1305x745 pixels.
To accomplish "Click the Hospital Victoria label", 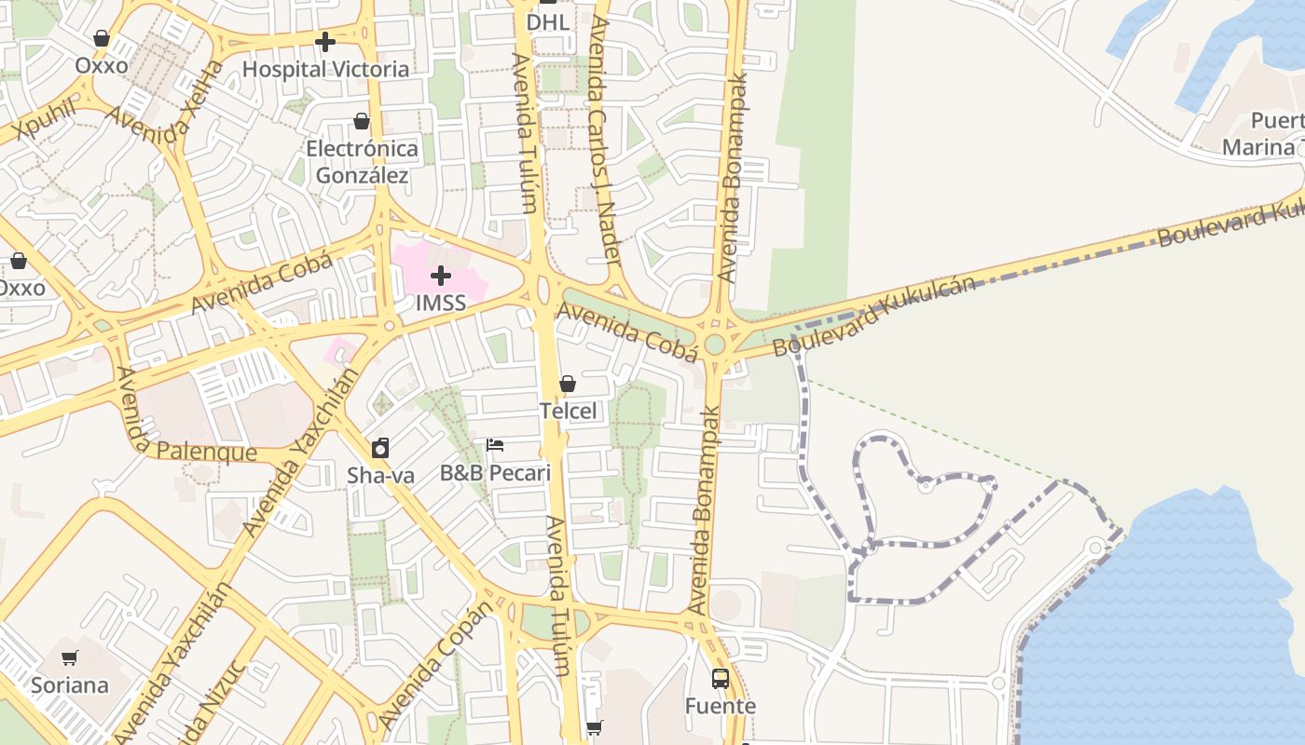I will pyautogui.click(x=325, y=69).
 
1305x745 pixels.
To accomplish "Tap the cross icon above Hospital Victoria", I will pyautogui.click(x=325, y=42).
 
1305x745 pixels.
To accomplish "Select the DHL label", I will pyautogui.click(x=547, y=21).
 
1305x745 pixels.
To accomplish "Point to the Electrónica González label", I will pyautogui.click(x=362, y=162).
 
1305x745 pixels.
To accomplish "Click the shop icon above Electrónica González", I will pyautogui.click(x=362, y=121).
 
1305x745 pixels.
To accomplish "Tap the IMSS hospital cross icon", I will pyautogui.click(x=441, y=276).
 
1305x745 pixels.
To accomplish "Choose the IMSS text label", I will pyautogui.click(x=441, y=303).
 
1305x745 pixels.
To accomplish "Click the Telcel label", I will pyautogui.click(x=568, y=411).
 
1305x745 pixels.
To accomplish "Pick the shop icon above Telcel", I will pyautogui.click(x=568, y=384).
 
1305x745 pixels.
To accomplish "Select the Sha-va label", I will pyautogui.click(x=380, y=475).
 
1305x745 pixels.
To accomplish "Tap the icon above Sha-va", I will pyautogui.click(x=380, y=448).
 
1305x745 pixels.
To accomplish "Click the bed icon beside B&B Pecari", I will pyautogui.click(x=495, y=445).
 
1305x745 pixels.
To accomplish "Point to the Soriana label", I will pyautogui.click(x=70, y=685).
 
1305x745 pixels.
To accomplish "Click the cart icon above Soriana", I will pyautogui.click(x=70, y=658).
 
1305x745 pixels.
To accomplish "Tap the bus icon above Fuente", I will pyautogui.click(x=721, y=678).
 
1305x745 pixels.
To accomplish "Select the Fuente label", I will pyautogui.click(x=721, y=706).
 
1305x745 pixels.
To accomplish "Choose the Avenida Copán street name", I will pyautogui.click(x=435, y=665).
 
